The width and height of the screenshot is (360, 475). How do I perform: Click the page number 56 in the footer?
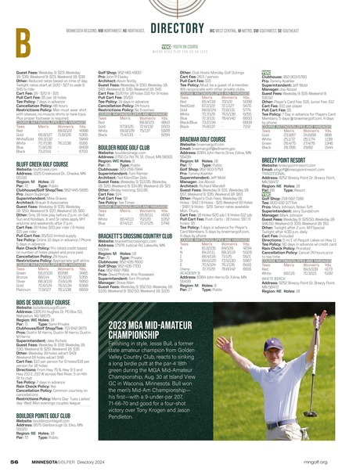pos(15,461)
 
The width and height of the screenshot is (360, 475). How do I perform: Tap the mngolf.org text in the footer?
pos(333,461)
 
